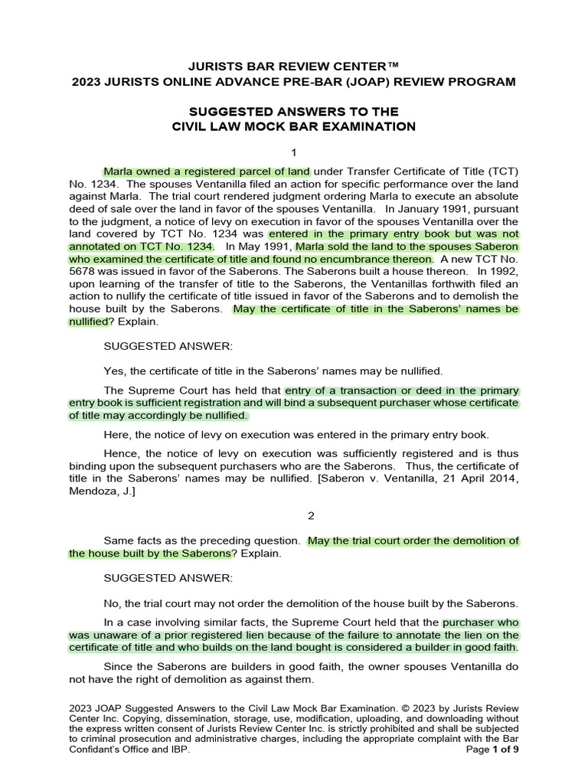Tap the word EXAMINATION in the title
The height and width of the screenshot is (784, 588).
click(364, 126)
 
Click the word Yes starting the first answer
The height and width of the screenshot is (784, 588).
click(113, 371)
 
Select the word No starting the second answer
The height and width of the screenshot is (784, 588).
click(112, 603)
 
